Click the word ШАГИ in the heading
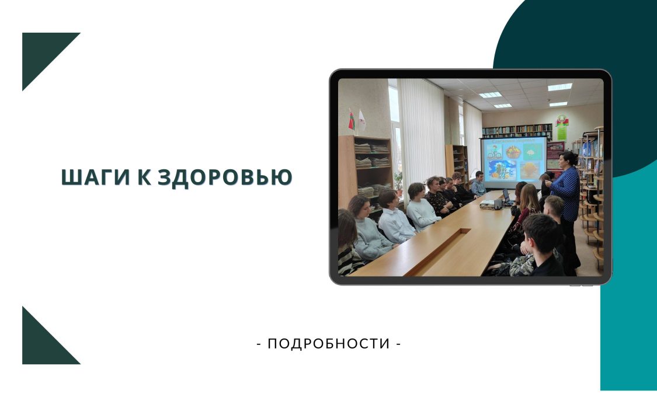coord(96,177)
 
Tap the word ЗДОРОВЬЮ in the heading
coord(225,177)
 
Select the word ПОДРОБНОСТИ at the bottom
coord(329,344)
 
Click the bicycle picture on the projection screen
coord(494,152)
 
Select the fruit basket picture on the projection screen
coord(513,152)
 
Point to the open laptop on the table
coord(506,196)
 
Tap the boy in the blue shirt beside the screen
coord(478,184)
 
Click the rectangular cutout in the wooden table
coord(438,251)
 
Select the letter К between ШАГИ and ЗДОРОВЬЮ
coord(144,177)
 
